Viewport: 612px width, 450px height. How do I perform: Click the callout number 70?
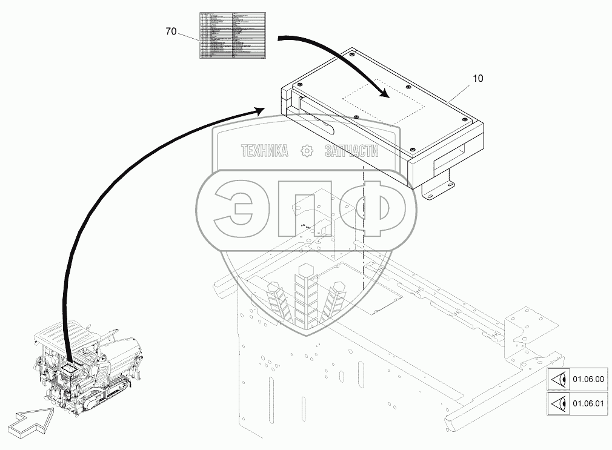(170, 31)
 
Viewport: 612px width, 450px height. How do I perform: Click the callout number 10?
(478, 78)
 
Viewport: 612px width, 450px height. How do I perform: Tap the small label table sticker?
(233, 36)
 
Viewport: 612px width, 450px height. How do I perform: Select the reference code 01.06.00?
(588, 380)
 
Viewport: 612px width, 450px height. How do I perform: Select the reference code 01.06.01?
(588, 403)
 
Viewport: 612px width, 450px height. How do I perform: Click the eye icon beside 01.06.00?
(560, 380)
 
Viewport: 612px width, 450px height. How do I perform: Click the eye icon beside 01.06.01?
(560, 403)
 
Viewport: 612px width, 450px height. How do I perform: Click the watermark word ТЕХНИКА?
(265, 151)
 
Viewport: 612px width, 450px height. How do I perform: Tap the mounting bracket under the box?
(439, 184)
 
